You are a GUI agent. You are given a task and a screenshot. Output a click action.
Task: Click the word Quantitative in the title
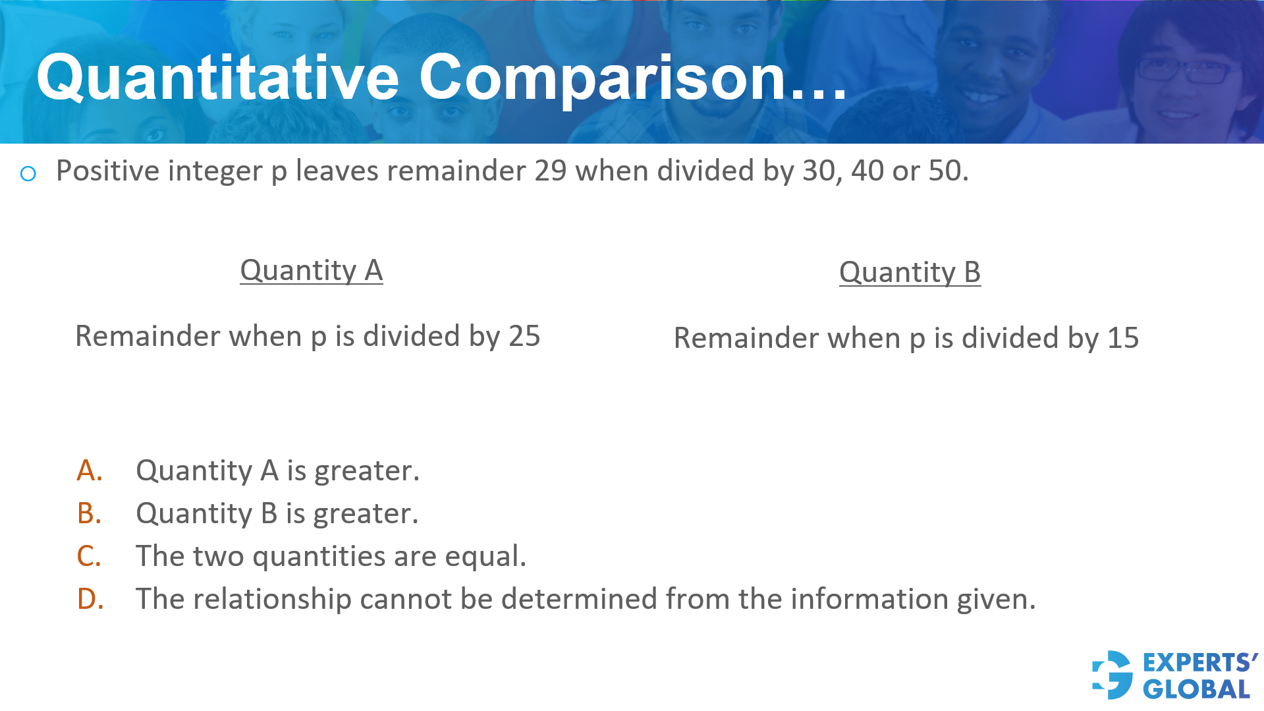[x=217, y=78]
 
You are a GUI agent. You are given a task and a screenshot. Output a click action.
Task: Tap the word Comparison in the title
[x=603, y=78]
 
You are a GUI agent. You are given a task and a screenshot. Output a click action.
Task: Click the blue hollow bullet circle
[x=28, y=174]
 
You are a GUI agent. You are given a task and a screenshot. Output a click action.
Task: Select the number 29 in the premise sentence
[x=550, y=171]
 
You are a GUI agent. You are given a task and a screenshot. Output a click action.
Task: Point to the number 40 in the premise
[x=867, y=171]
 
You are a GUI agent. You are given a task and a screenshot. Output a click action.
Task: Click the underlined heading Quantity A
[x=311, y=270]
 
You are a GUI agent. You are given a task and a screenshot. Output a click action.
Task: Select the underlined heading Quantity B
[x=910, y=272]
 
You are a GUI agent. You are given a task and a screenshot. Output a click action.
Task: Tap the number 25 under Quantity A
[x=524, y=336]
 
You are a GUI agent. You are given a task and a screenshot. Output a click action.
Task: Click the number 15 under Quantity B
[x=1123, y=338]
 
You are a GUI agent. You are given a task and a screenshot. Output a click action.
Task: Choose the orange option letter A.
[x=90, y=470]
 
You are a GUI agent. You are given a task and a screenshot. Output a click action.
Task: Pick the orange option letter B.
[x=90, y=513]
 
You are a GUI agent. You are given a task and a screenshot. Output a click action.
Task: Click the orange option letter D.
[x=90, y=599]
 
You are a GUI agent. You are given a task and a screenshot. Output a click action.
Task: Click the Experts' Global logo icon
[x=1113, y=675]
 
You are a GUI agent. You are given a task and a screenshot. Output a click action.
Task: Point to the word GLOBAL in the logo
[x=1196, y=689]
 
